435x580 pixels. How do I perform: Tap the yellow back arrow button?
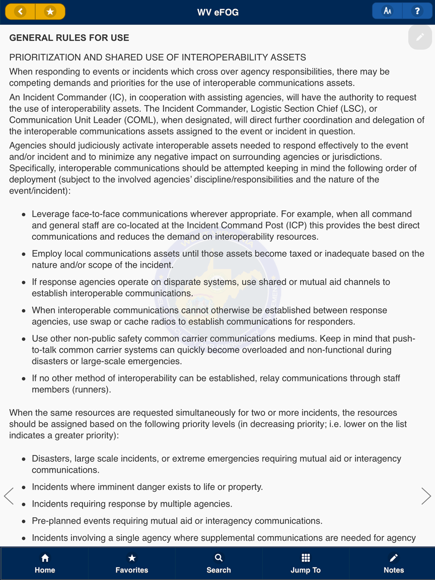pos(20,12)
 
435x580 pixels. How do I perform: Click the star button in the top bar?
pos(50,12)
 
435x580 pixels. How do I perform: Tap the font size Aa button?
pos(387,11)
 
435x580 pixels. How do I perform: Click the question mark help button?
pos(417,11)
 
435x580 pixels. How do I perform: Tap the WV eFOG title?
pos(217,12)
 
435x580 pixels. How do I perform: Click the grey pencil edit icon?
pos(420,37)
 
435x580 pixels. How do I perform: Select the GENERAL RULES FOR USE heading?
pos(69,38)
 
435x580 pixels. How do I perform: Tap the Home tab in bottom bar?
pos(45,563)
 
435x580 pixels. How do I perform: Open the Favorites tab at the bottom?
pos(132,563)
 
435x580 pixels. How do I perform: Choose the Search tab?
pos(218,563)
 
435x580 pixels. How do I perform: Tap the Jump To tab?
pos(305,563)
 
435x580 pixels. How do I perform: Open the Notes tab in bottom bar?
pos(393,563)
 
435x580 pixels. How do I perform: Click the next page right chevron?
pos(426,496)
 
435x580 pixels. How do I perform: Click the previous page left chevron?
pos(9,496)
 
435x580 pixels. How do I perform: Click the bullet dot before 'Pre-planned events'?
pos(23,521)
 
